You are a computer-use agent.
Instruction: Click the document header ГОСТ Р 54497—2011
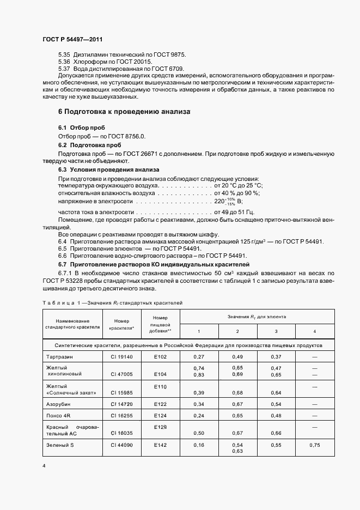point(72,40)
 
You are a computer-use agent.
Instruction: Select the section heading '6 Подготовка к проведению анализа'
point(124,111)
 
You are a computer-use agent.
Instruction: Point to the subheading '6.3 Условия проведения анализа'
point(108,169)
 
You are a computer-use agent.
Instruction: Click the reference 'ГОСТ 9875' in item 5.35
point(169,55)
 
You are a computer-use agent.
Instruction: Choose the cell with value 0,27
point(199,356)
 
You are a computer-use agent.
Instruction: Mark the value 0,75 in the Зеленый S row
point(315,445)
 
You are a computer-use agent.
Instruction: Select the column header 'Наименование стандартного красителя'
point(72,324)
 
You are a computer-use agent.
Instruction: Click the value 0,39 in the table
point(199,392)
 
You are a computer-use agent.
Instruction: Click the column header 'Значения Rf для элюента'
point(257,317)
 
